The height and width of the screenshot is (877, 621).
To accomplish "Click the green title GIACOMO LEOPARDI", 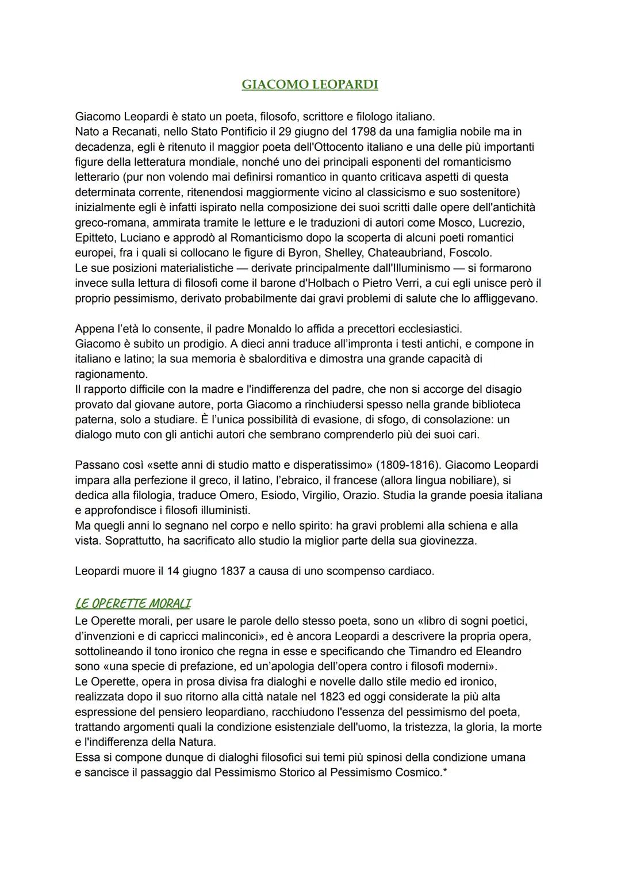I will click(310, 85).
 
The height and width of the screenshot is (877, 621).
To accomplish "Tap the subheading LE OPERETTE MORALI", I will click(133, 603).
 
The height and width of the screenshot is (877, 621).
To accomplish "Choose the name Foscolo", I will click(473, 252).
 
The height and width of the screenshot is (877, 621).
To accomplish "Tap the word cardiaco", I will click(411, 571).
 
